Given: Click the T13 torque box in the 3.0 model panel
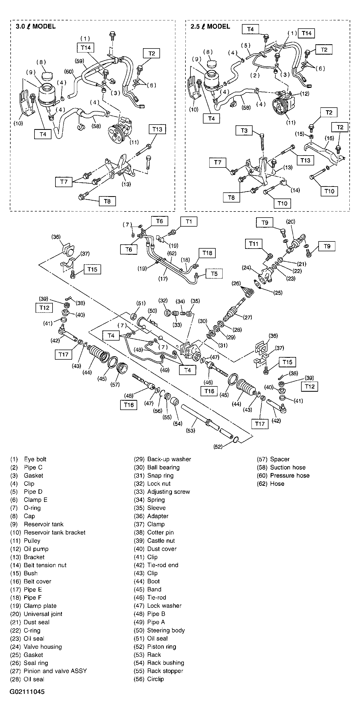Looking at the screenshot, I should click(157, 129).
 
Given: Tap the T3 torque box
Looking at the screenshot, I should click(244, 130).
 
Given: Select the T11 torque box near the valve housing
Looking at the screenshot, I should click(254, 244).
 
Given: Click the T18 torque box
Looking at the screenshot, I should click(207, 253).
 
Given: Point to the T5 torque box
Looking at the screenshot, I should click(214, 274).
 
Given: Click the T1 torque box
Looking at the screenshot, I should click(189, 222).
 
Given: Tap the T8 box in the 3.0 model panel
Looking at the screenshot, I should click(107, 201).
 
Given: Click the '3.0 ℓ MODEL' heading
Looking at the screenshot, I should click(36, 27).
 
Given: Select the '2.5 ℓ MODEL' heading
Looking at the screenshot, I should click(210, 27).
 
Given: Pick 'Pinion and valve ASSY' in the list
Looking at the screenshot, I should click(55, 671).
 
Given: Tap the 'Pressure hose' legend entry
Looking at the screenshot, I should click(289, 475).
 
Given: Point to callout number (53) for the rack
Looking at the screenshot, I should click(190, 430).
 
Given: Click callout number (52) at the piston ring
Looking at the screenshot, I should click(218, 447).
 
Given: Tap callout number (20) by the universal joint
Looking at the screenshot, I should click(290, 222).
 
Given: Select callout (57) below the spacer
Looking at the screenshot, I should click(115, 385).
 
